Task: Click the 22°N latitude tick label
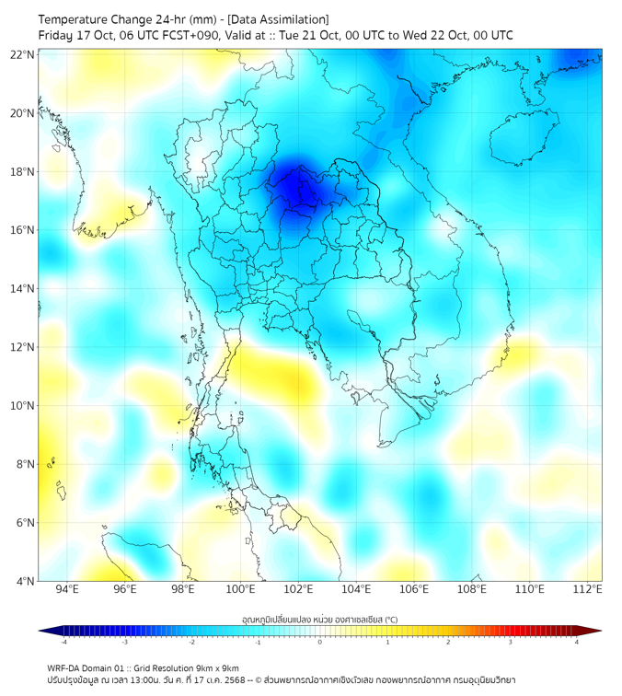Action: [x=23, y=54]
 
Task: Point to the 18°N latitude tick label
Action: [x=23, y=171]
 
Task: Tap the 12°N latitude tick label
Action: [x=23, y=347]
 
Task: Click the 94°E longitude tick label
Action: [x=67, y=590]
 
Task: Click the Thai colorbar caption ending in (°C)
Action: [x=319, y=619]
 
